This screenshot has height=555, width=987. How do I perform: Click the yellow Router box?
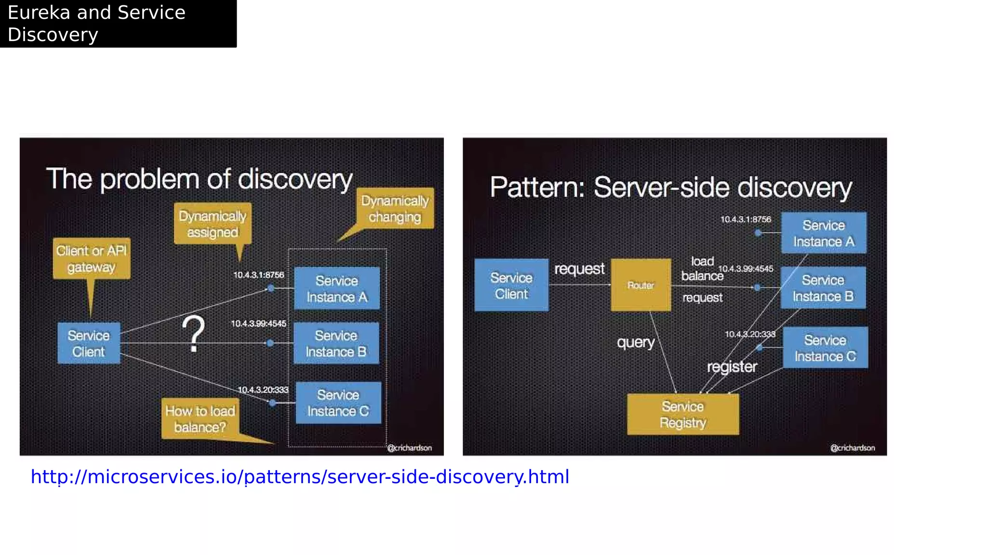640,285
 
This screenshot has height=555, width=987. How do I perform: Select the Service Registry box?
682,414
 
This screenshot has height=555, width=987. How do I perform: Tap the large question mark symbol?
193,334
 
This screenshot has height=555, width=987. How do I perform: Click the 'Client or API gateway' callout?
91,259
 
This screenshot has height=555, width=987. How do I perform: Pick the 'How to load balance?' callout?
200,419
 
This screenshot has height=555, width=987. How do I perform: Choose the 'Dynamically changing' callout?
395,209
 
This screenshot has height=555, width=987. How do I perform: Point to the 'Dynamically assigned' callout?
213,224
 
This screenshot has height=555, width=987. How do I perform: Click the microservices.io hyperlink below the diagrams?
300,476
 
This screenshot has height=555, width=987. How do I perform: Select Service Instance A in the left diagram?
337,289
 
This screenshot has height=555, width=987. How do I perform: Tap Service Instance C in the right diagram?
825,348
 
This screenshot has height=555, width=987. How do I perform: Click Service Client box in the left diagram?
89,343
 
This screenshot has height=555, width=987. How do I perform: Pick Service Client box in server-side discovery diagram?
511,285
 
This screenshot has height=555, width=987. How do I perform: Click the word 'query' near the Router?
636,342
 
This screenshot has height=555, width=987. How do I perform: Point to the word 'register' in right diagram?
732,367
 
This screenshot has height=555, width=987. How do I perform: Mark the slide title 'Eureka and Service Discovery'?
96,23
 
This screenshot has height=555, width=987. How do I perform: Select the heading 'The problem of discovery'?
199,179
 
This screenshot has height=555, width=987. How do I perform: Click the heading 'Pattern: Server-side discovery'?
670,187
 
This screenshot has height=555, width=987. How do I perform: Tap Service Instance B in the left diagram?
336,343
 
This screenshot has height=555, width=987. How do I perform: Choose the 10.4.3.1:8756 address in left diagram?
259,275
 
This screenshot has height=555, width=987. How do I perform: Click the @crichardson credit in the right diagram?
852,448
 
